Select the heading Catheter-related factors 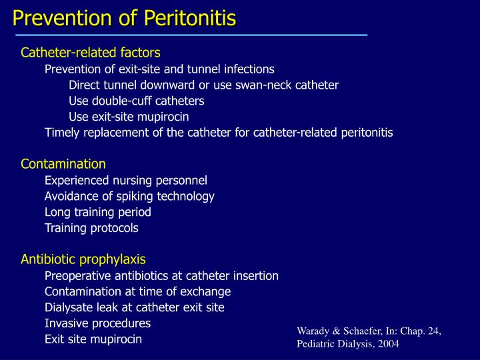pyautogui.click(x=91, y=52)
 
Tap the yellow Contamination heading pyautogui.click(x=63, y=164)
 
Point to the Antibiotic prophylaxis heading pyautogui.click(x=83, y=259)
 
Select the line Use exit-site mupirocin pyautogui.click(x=129, y=117)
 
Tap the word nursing pyautogui.click(x=131, y=180)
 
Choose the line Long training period pyautogui.click(x=98, y=212)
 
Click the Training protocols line pyautogui.click(x=91, y=228)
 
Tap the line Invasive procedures pyautogui.click(x=97, y=323)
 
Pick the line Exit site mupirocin pyautogui.click(x=93, y=339)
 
